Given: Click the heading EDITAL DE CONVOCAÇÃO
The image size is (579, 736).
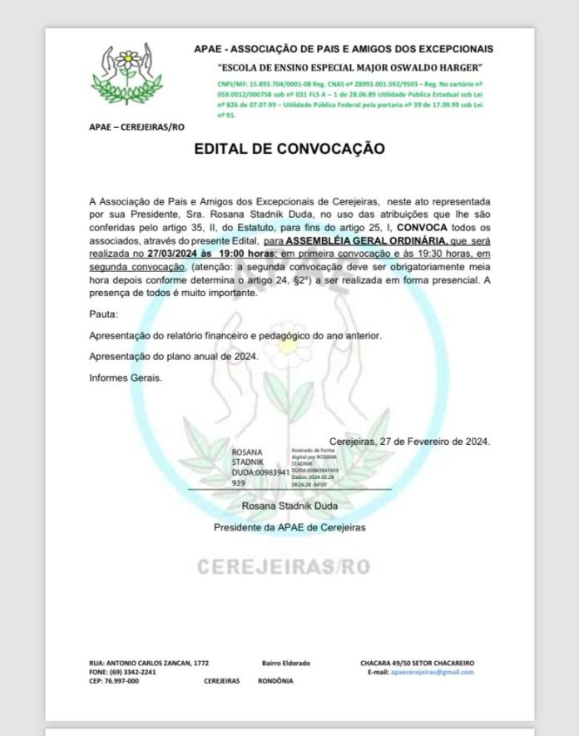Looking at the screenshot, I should click(289, 149).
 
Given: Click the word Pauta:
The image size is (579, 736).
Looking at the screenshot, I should click(104, 315).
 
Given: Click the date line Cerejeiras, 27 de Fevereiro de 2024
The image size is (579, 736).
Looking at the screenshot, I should click(409, 442).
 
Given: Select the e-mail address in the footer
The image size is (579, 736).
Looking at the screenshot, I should click(433, 671).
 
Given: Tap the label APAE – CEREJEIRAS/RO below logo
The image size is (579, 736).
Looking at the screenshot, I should click(136, 126).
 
